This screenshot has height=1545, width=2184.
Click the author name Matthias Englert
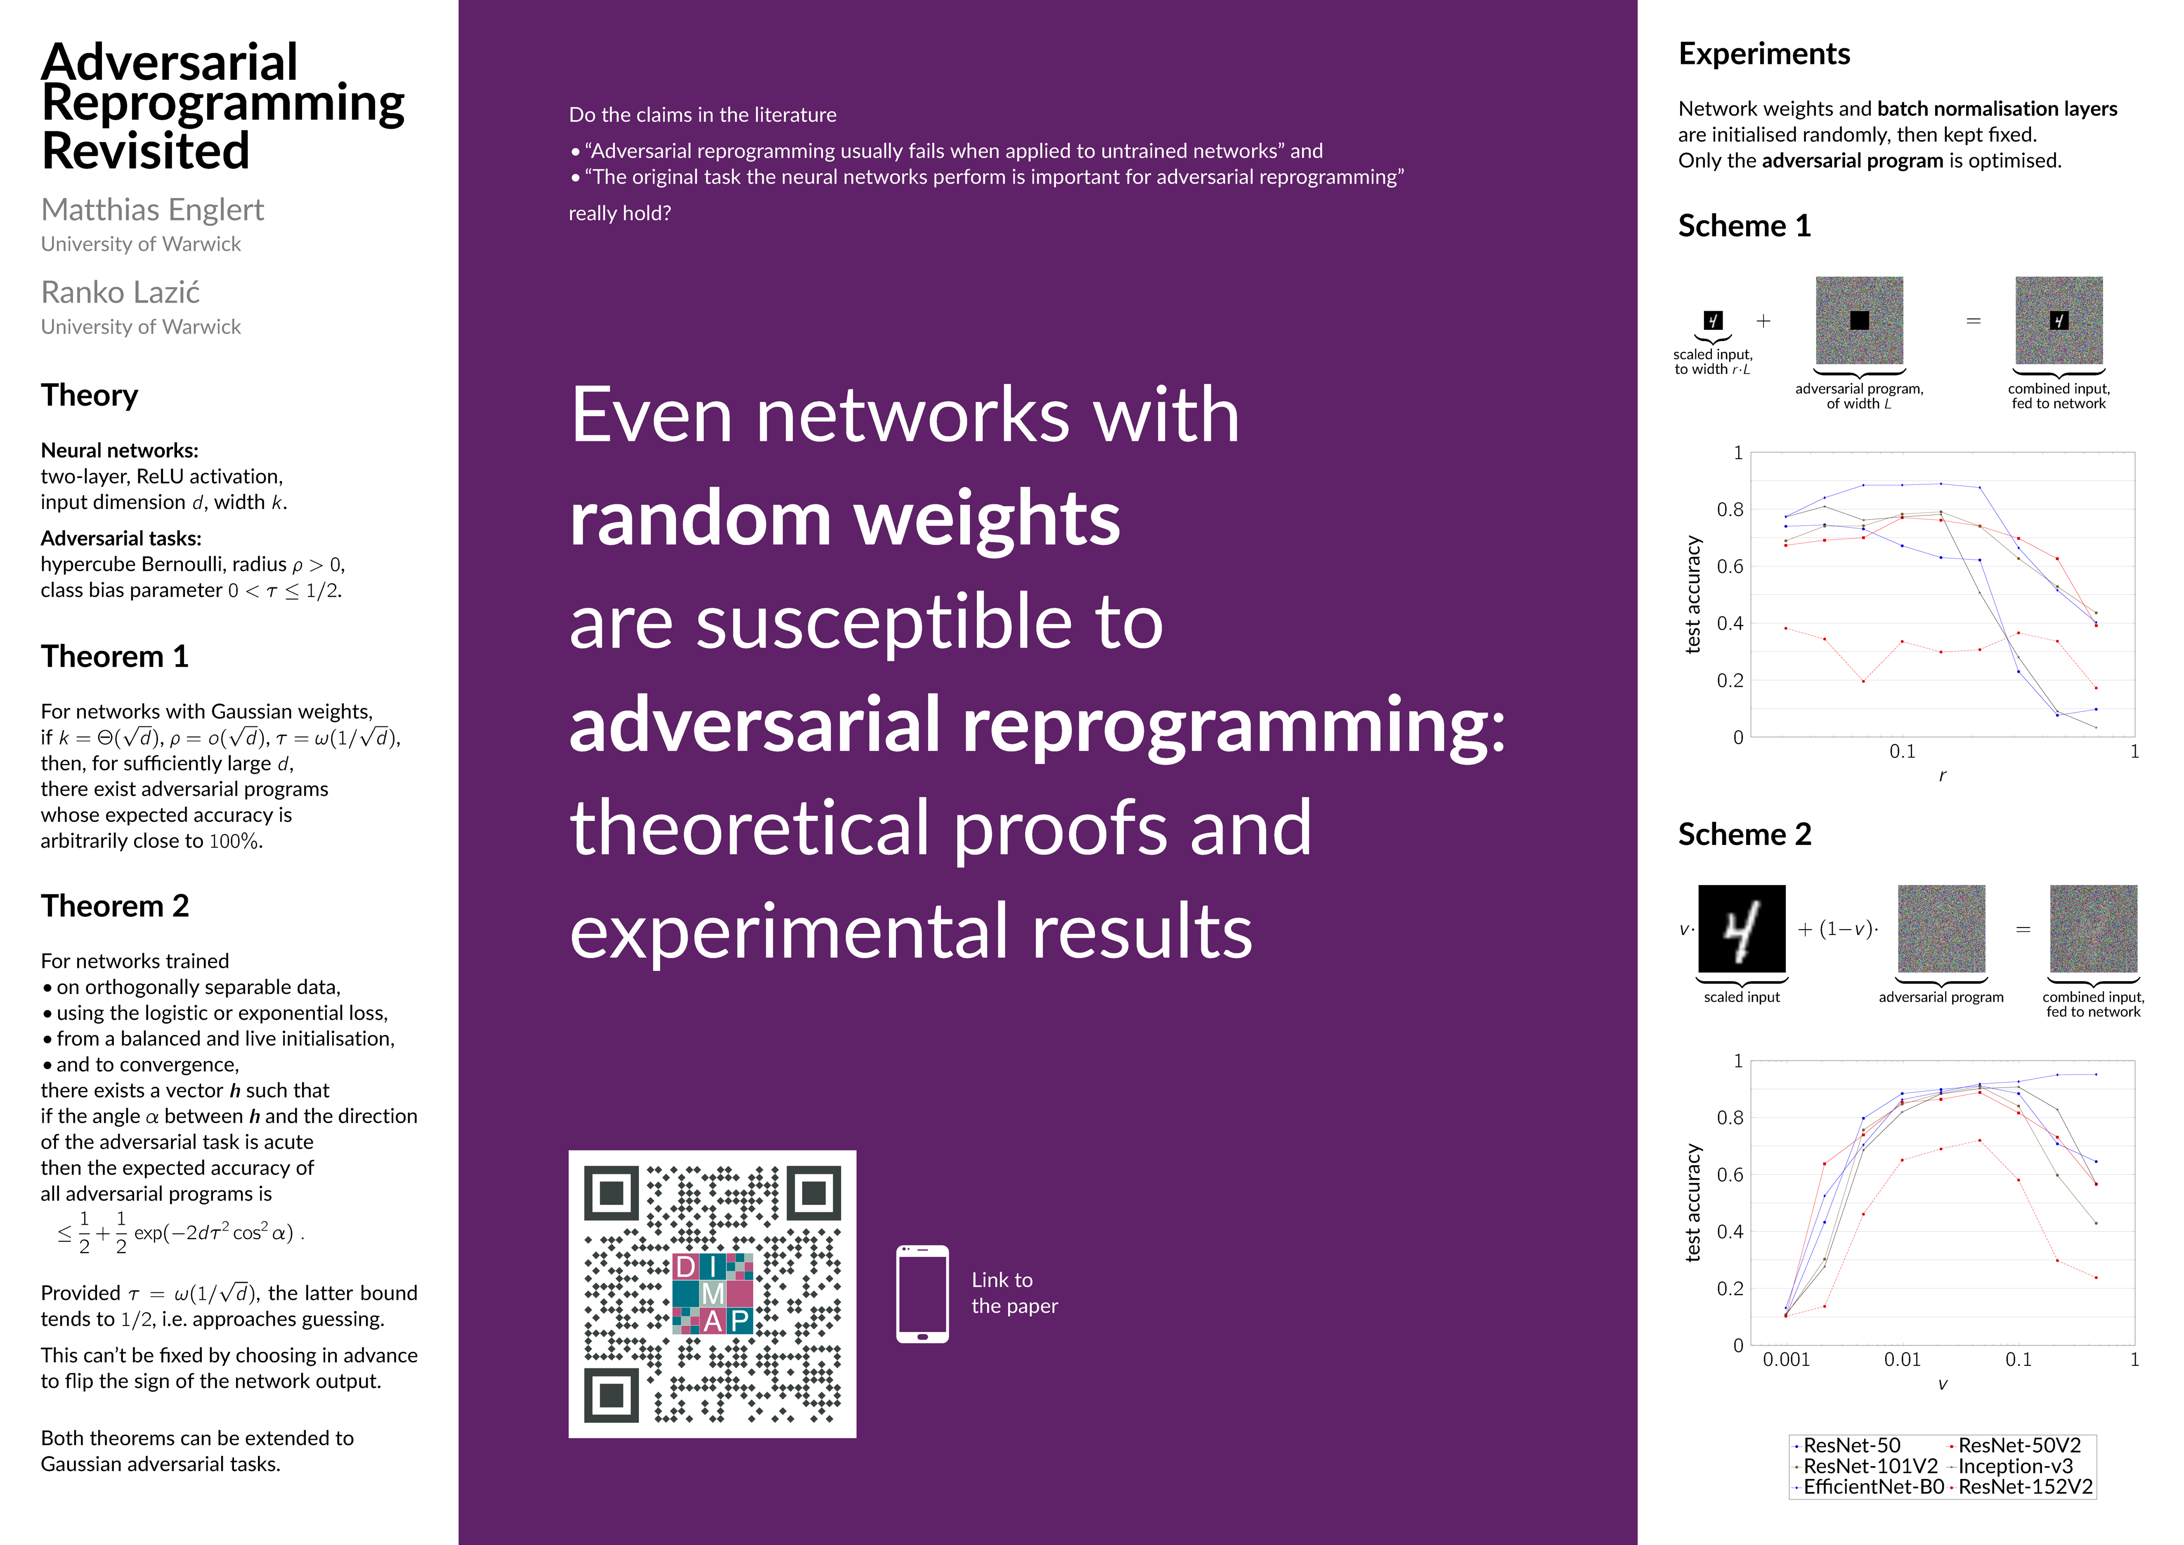point(152,209)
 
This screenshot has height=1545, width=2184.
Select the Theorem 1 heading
point(115,657)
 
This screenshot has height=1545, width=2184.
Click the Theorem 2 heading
point(115,906)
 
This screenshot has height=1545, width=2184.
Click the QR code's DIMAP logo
point(712,1293)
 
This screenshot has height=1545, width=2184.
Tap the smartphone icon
point(923,1294)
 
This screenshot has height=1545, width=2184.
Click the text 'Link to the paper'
point(1014,1293)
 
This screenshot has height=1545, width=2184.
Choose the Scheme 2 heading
point(1745,834)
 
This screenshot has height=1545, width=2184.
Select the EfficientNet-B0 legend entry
point(1868,1487)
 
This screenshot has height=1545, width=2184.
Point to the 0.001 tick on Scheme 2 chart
point(1786,1359)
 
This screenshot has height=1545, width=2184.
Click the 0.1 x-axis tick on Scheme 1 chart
point(1902,752)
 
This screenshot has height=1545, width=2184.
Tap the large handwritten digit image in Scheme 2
point(1742,929)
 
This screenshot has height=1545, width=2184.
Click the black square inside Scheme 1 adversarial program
point(1859,321)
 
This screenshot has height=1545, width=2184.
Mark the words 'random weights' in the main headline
point(844,519)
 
